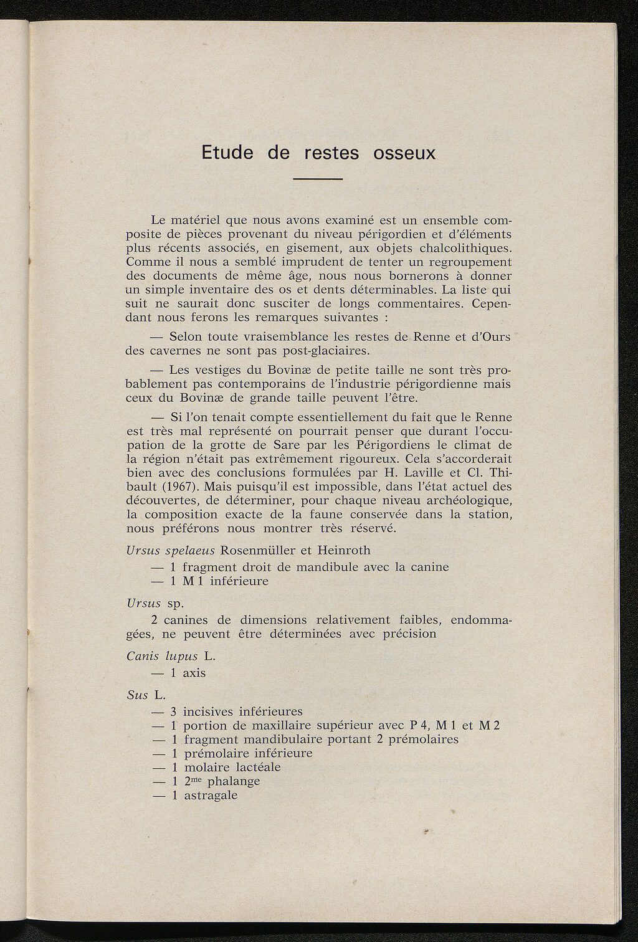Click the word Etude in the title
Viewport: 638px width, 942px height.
click(227, 153)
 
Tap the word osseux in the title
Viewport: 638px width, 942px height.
click(404, 153)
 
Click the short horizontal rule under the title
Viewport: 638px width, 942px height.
click(318, 180)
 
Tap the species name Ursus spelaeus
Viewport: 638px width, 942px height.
click(170, 551)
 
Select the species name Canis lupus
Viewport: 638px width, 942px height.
click(162, 657)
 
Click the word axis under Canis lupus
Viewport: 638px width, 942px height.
click(194, 673)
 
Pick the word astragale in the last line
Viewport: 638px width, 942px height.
click(211, 796)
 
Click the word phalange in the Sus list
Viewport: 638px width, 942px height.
click(233, 781)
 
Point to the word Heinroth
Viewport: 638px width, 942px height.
click(344, 551)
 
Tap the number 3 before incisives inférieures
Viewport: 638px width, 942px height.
click(174, 711)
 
